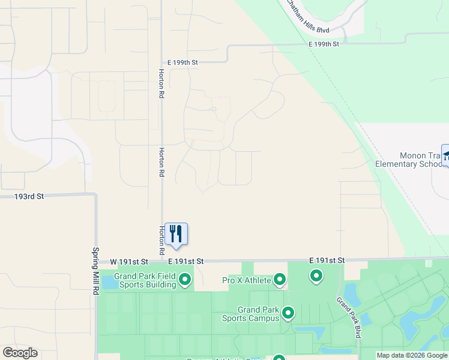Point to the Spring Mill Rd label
point(95,271)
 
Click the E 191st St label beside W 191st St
point(186,262)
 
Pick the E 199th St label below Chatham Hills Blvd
point(324,44)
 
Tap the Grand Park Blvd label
point(349,317)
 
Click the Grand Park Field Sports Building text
point(145,280)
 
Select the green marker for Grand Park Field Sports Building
point(185,279)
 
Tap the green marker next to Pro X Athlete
point(280,279)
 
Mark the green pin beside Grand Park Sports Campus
point(288,313)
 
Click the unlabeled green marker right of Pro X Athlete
point(316,276)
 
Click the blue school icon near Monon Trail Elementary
point(445,155)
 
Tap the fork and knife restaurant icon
point(176,233)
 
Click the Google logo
point(20,353)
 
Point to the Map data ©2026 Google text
point(412,355)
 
